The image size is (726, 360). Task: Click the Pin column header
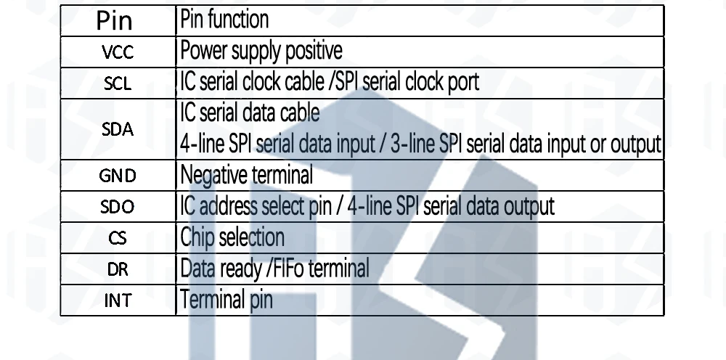tap(115, 20)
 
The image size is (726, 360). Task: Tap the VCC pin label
tap(116, 52)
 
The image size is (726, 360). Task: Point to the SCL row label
tap(116, 82)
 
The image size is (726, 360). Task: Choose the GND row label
tap(116, 176)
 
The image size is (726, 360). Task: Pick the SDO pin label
tap(116, 207)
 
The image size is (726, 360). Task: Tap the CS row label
tap(116, 237)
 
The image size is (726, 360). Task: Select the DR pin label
tap(116, 269)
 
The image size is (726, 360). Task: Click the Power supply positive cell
tap(261, 52)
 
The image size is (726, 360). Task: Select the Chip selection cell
tap(232, 237)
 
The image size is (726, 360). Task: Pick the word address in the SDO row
tap(225, 207)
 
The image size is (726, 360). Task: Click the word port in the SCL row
tap(464, 82)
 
